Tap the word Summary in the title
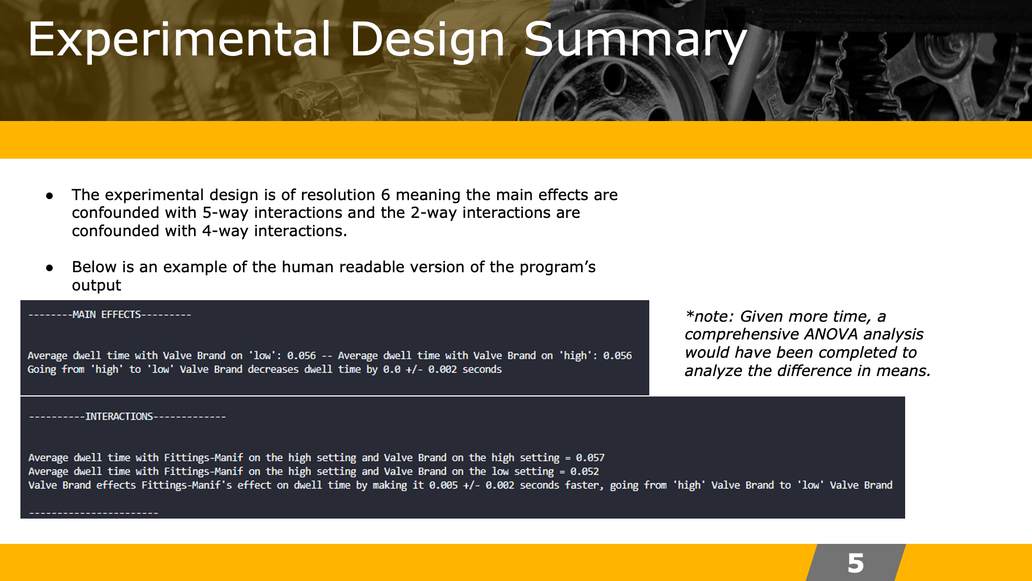pyautogui.click(x=635, y=40)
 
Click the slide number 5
pyautogui.click(x=856, y=563)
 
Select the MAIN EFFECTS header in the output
pyautogui.click(x=106, y=315)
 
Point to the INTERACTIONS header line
pyautogui.click(x=119, y=417)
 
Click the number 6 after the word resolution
pyautogui.click(x=385, y=195)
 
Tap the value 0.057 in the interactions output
pyautogui.click(x=590, y=458)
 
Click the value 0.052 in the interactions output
pyautogui.click(x=584, y=472)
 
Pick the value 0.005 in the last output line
pyautogui.click(x=443, y=485)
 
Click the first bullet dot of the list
pyautogui.click(x=49, y=195)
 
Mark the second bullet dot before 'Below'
pyautogui.click(x=49, y=267)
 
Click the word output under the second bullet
pyautogui.click(x=97, y=286)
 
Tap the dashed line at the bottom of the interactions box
pyautogui.click(x=94, y=513)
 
